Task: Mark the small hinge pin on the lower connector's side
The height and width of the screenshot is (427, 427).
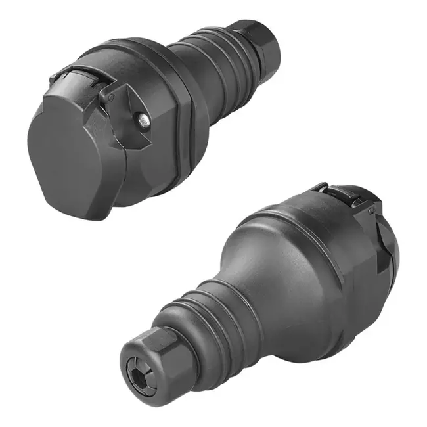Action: click(371, 211)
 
